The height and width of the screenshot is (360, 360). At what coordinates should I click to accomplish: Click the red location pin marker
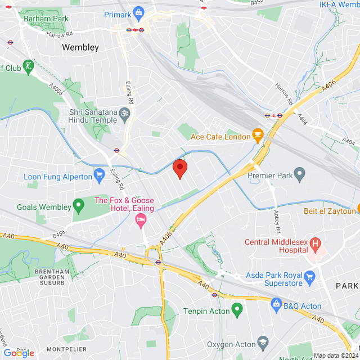(x=180, y=168)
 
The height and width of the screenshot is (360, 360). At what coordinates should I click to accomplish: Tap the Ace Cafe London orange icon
(x=258, y=134)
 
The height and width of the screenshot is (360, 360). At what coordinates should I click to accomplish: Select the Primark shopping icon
(x=139, y=13)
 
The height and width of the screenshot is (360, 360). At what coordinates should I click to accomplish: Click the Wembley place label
(x=80, y=47)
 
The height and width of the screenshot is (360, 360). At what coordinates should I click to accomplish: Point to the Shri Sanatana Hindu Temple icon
(x=125, y=114)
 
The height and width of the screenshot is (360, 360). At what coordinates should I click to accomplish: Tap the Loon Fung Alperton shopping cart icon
(x=100, y=174)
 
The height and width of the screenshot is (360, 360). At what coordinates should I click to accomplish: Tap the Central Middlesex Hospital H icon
(x=315, y=245)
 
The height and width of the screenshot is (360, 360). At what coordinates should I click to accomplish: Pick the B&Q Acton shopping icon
(x=276, y=304)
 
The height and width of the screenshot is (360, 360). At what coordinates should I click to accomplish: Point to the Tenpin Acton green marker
(x=237, y=309)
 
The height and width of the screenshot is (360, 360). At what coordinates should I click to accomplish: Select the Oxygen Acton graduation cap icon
(x=263, y=342)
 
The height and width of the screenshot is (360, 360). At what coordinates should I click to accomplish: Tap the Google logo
(x=18, y=353)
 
